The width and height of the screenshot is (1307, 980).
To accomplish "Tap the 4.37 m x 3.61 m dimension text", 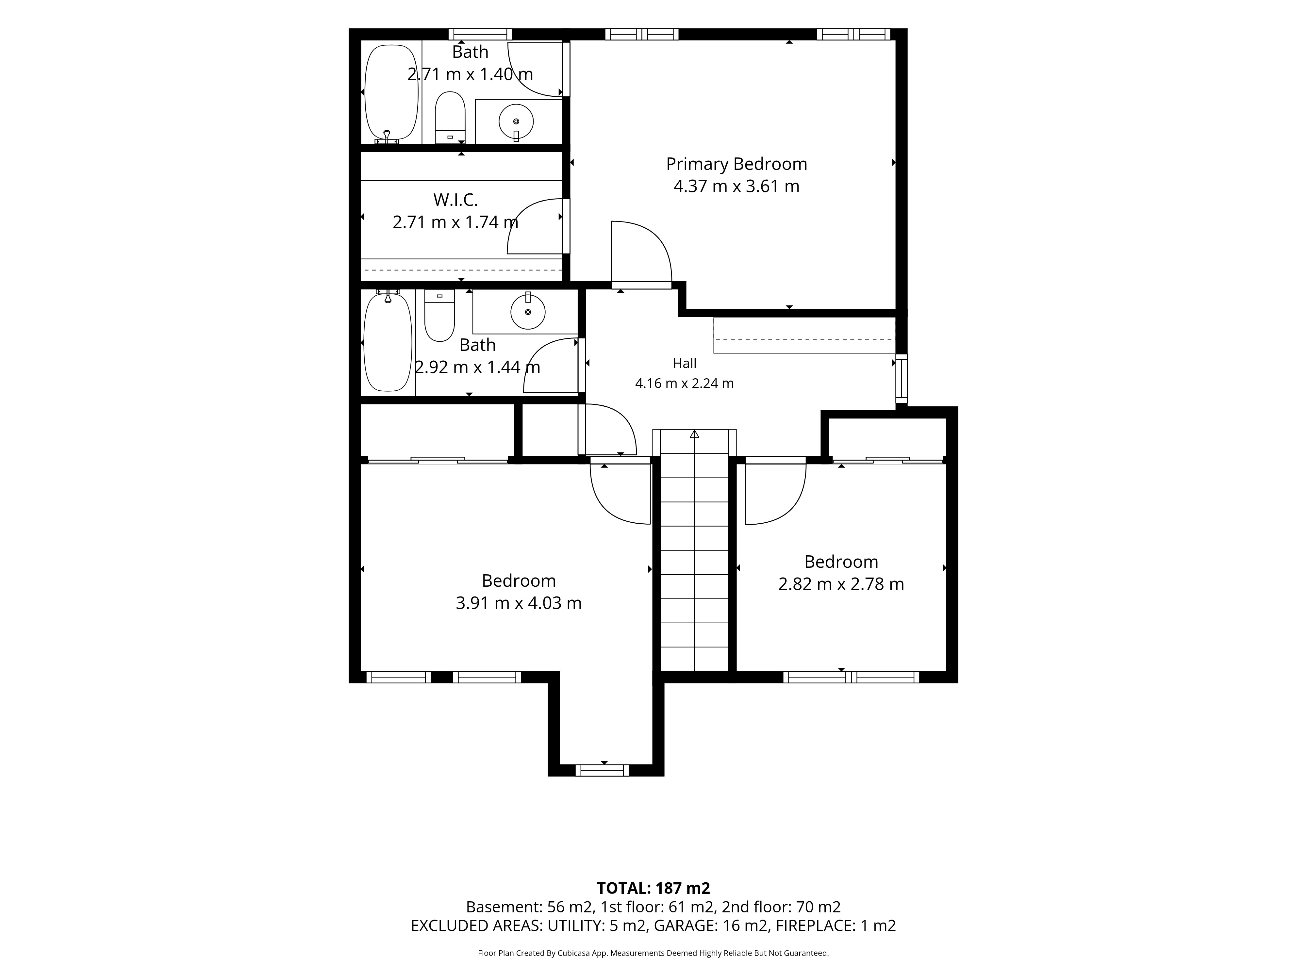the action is [x=736, y=187].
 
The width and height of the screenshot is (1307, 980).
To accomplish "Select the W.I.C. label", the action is [x=455, y=200].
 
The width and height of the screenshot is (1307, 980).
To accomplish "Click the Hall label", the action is [x=685, y=363].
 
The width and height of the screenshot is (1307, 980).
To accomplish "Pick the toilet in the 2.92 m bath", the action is [x=439, y=316].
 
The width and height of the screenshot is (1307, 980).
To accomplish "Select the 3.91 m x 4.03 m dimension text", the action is [x=519, y=603].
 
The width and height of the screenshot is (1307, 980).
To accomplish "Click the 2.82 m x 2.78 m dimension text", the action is [x=841, y=584].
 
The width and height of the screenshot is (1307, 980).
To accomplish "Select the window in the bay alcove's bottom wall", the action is [x=603, y=770].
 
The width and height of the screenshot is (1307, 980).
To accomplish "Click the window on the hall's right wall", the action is [x=902, y=378].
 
